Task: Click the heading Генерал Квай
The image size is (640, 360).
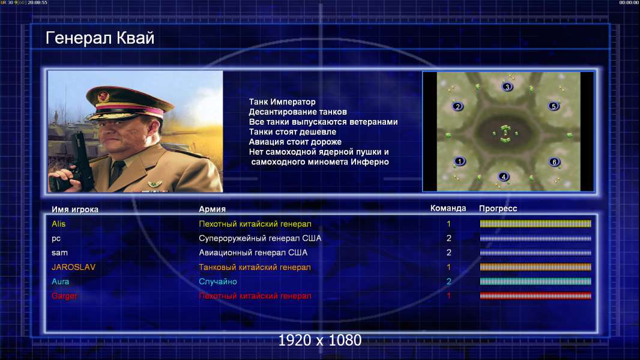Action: point(100,38)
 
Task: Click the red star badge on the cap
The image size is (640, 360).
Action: point(103,97)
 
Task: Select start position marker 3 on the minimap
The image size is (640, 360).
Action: point(507,87)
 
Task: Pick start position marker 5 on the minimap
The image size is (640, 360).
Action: point(554,106)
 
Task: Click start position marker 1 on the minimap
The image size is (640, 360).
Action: point(459,161)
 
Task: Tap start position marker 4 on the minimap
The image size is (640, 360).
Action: point(503,176)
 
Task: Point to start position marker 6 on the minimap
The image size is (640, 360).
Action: point(554,162)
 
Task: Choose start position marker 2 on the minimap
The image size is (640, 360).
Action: point(457,107)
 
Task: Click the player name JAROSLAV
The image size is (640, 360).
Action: point(73,267)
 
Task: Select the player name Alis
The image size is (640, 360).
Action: point(58,224)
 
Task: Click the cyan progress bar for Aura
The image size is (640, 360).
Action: point(536,281)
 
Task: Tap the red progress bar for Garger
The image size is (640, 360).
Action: point(536,296)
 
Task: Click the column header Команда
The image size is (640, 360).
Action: point(448,208)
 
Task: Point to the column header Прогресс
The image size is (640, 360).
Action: point(498,209)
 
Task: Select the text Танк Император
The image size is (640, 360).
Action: point(282,102)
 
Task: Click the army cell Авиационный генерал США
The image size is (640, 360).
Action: point(253,253)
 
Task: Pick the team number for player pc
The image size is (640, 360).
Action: point(448,238)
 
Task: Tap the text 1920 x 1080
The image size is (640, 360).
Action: point(320,340)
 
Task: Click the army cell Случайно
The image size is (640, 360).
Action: point(217,282)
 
